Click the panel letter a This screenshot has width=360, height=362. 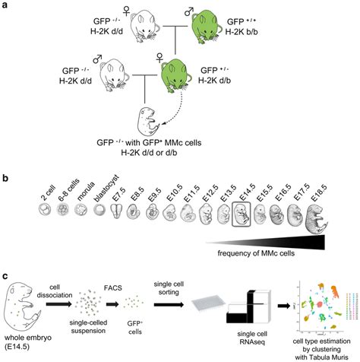point(6,6)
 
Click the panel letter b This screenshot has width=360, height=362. point(6,181)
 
